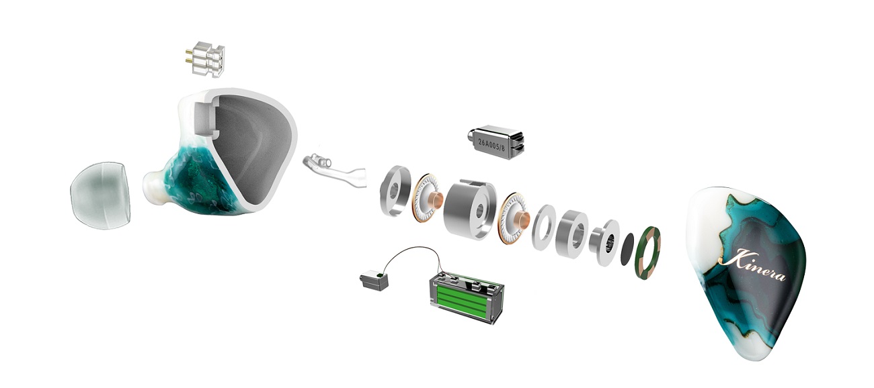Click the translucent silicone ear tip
pos(100,195)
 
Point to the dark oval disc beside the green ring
pos(627,249)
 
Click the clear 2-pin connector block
pos(207,59)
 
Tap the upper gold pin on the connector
pos(189,52)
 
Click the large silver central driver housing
pos(470,209)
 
